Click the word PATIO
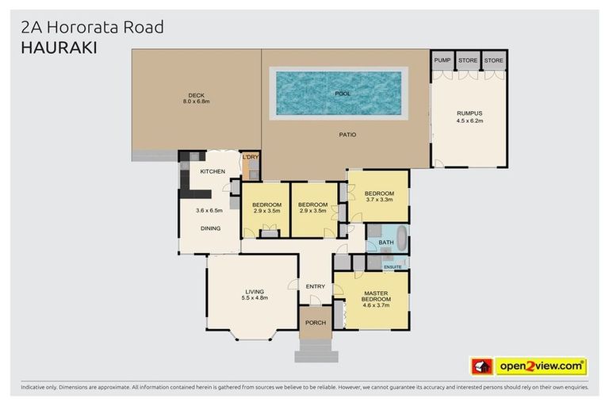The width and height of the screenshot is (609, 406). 347,135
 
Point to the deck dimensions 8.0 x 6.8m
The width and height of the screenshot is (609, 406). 196,102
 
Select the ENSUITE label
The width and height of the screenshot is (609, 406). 393,266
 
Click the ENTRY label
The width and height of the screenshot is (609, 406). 316,286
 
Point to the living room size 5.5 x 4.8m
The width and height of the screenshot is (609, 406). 254,298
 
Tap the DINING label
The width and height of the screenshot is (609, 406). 210,228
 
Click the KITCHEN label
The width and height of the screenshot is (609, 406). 213,172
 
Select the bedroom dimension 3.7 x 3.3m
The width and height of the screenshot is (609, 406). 379,200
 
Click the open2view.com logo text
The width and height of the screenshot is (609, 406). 541,366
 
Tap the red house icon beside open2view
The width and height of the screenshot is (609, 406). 480,366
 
